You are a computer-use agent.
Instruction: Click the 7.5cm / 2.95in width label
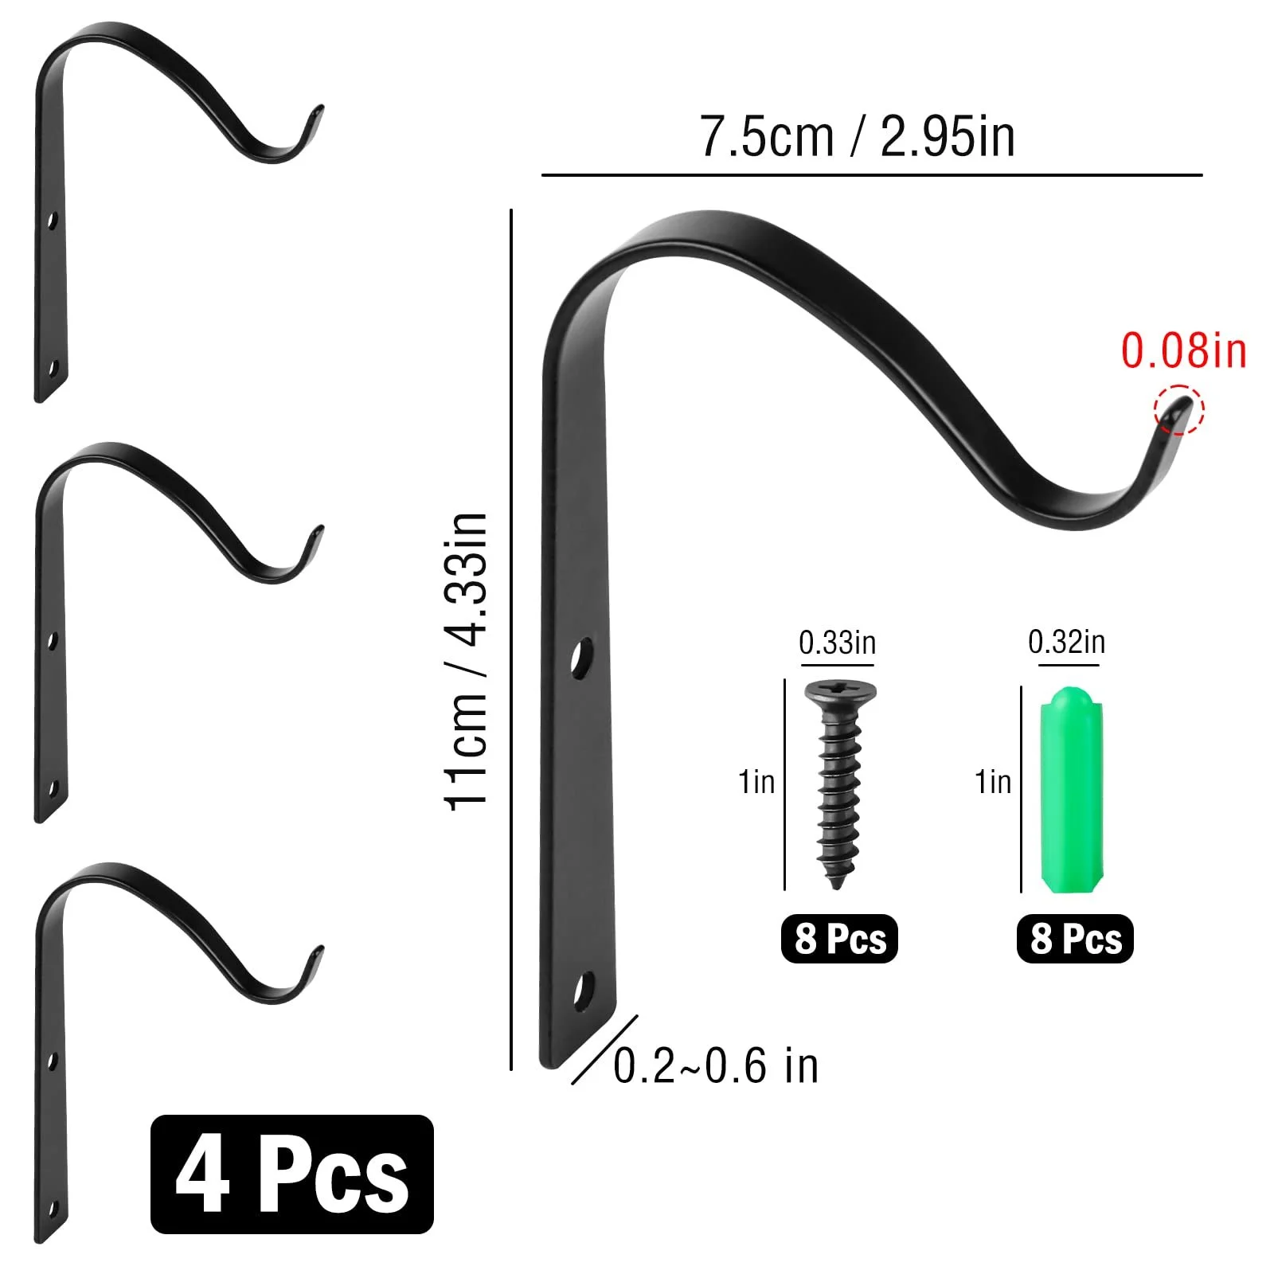tap(858, 137)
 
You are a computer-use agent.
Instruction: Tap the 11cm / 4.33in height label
tap(465, 662)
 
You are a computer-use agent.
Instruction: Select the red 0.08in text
tap(1183, 350)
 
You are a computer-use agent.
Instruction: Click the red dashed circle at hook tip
tap(1179, 410)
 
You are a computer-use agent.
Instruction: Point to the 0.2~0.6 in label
tap(716, 1065)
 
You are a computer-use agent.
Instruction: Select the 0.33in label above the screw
tap(837, 643)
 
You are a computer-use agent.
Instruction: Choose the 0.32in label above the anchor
tap(1066, 642)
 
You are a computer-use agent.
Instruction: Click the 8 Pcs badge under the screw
tap(839, 938)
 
